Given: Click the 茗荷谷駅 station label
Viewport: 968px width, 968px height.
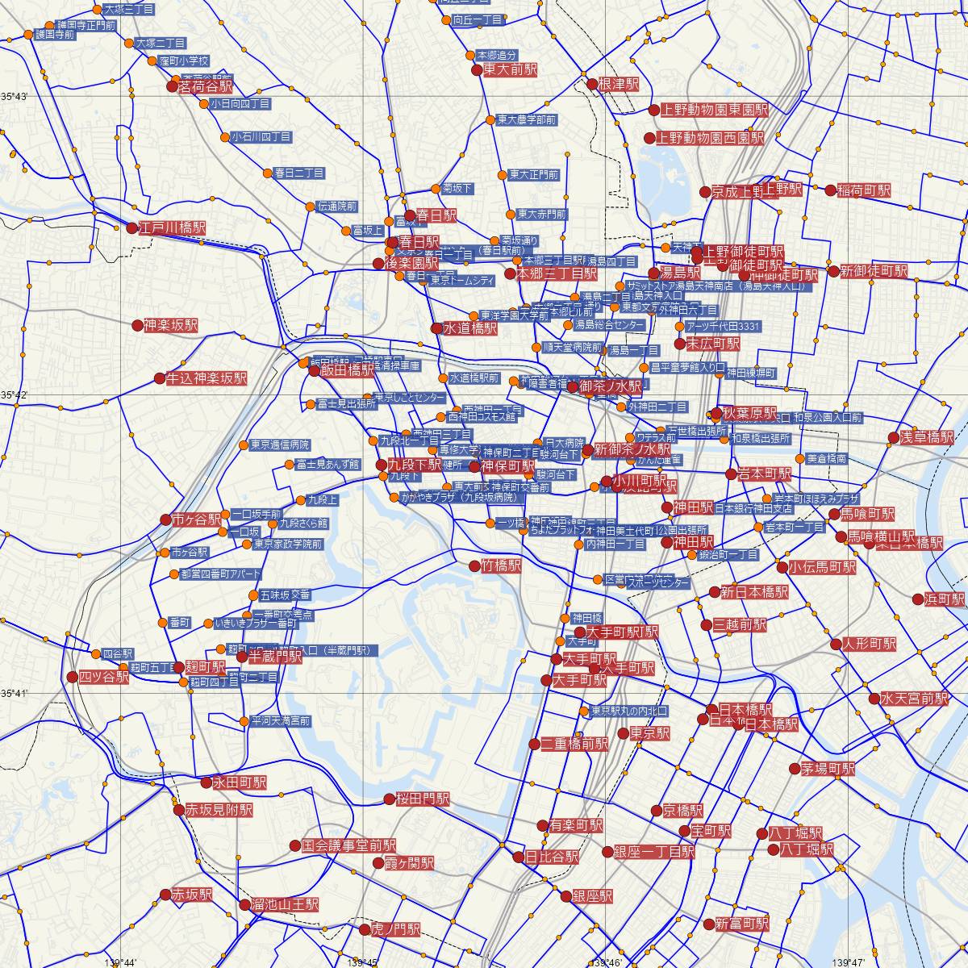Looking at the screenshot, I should tap(205, 86).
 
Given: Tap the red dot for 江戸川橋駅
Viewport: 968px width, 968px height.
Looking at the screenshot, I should tap(132, 228).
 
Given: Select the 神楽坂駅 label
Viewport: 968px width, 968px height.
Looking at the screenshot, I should tap(170, 326).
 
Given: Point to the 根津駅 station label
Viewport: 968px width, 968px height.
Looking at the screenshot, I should tap(618, 84).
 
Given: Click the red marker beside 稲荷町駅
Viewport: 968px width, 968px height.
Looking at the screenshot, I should tap(830, 190).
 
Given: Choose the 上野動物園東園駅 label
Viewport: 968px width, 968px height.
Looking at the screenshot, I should tap(714, 110).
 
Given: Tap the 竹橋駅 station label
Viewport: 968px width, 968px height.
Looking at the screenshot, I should tap(501, 566).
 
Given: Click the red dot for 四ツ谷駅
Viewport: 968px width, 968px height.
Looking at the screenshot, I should tap(73, 677).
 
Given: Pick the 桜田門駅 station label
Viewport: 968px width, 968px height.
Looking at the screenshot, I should tap(422, 799).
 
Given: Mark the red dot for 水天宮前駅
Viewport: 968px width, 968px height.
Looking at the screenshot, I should tap(874, 699).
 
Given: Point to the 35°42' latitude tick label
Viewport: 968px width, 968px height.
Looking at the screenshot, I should tap(14, 394).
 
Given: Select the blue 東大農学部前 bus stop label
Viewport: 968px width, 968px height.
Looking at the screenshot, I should tap(526, 120).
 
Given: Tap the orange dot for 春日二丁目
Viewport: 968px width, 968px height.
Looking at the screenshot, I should tap(268, 173).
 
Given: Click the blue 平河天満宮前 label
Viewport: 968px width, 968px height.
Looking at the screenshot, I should tap(279, 720).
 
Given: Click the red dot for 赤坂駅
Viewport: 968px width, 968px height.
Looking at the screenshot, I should tap(165, 895).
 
